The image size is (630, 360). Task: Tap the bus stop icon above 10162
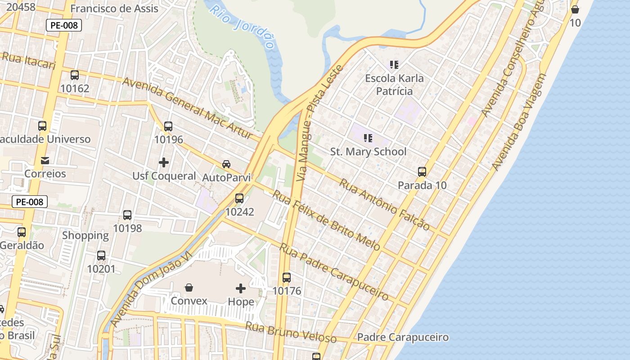[x=75, y=75]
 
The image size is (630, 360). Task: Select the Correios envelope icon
[x=45, y=160]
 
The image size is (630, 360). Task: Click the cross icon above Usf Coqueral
[x=164, y=162]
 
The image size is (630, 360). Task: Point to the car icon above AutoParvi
[x=226, y=164]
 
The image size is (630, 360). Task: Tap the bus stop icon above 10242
[x=239, y=198]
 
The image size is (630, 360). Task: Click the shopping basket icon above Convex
[x=189, y=287]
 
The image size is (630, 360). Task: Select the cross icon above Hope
[x=241, y=288]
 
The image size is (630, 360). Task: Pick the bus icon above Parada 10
[x=422, y=171]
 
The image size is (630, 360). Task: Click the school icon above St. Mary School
[x=368, y=138]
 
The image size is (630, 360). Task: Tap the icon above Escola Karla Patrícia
[x=394, y=65]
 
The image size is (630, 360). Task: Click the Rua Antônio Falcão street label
[x=384, y=204]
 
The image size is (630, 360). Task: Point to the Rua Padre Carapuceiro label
[x=333, y=272]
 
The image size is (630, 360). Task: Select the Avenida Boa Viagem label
[x=519, y=122]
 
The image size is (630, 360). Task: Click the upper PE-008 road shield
[x=64, y=25]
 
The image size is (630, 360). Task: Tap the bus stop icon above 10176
[x=287, y=278]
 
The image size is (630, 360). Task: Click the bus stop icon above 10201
[x=101, y=256]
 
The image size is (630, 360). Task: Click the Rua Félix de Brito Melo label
[x=327, y=220]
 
